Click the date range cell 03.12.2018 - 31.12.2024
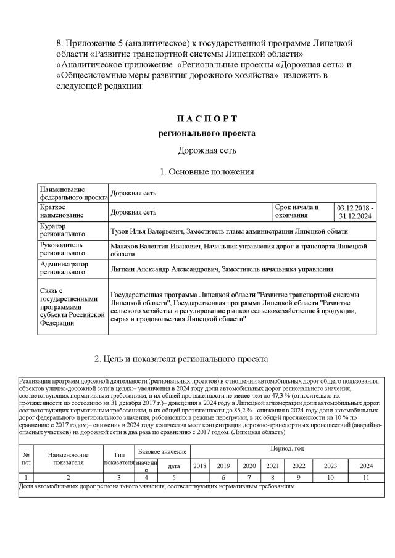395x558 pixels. [355, 212]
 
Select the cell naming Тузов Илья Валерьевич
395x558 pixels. [228, 231]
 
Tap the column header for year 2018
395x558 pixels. [200, 466]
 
